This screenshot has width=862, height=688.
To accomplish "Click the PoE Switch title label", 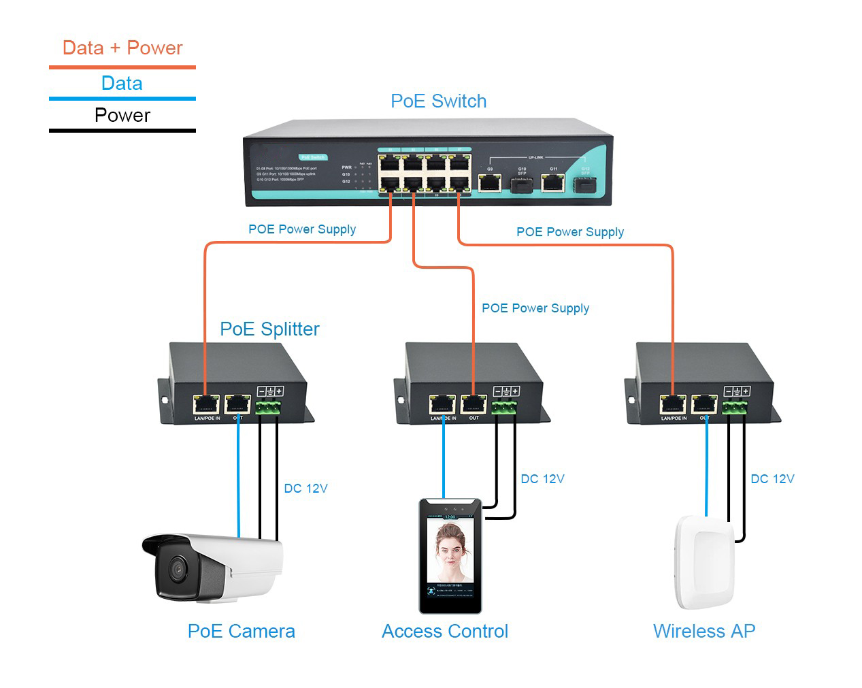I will click(x=438, y=101).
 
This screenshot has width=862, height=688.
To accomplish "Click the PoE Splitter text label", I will click(x=269, y=329).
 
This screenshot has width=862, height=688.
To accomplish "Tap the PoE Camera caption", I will click(x=241, y=632).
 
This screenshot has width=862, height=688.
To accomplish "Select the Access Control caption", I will click(x=445, y=632).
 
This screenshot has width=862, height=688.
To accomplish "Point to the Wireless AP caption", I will click(x=704, y=632).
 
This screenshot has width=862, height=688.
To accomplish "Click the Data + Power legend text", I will click(x=122, y=48).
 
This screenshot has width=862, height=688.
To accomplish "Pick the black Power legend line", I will click(x=122, y=130).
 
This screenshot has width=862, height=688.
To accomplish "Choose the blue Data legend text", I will click(x=122, y=84).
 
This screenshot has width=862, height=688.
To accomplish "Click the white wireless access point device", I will click(x=704, y=562).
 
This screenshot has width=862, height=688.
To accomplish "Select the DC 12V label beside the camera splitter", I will click(x=305, y=489).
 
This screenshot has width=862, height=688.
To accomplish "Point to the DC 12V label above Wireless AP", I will click(x=772, y=479).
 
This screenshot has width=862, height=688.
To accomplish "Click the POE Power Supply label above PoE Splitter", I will click(x=302, y=229).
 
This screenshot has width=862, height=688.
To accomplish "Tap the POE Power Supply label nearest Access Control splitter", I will click(x=535, y=308).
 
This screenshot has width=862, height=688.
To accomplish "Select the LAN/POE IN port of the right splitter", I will click(x=673, y=404).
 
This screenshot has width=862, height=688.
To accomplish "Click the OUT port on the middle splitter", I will click(x=473, y=404).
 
